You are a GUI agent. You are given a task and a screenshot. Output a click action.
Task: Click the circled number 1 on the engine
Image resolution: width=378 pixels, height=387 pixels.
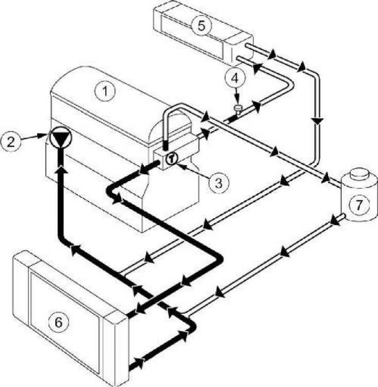click(x=105, y=91)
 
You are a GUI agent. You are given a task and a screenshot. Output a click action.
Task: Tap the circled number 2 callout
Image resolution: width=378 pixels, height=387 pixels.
click(x=11, y=142)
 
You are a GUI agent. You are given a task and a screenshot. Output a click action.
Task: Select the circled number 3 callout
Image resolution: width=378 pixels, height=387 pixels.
click(x=219, y=183)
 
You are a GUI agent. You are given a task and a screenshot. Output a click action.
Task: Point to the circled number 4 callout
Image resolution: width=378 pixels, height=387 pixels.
click(x=235, y=78)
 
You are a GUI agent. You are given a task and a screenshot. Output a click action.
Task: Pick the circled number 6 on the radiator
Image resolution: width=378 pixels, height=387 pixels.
click(x=58, y=322)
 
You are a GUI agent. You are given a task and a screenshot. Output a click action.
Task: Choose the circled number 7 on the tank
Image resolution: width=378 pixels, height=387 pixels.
click(x=359, y=205)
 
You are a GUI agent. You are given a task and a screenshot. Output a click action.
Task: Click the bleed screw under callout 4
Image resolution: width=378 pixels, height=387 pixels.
click(x=238, y=109)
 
